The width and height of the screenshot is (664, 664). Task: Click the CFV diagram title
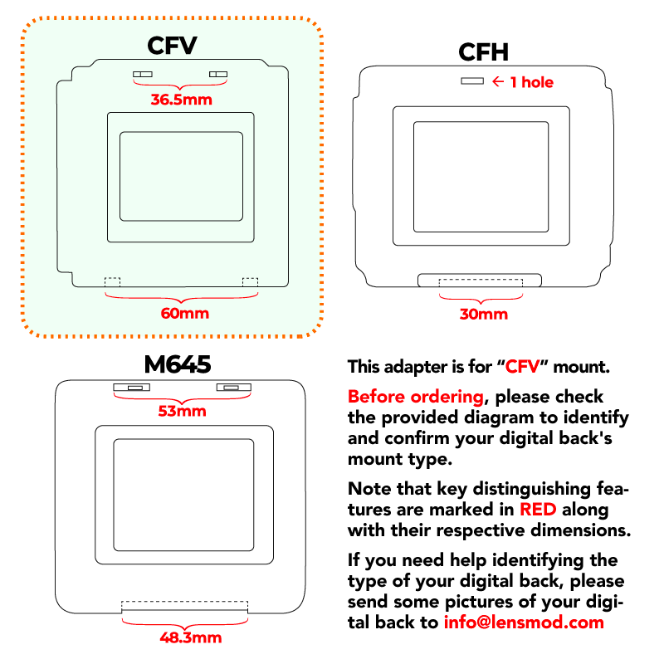point(172,46)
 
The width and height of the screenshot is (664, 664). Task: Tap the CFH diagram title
point(483,52)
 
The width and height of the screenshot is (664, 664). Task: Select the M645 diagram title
point(178,364)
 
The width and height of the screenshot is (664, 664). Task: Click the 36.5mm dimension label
point(181,100)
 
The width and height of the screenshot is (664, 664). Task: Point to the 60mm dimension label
point(184,314)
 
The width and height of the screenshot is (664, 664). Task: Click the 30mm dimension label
point(484,315)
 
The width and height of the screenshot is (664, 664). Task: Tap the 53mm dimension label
point(182,411)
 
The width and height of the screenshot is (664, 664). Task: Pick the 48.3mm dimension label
point(191,637)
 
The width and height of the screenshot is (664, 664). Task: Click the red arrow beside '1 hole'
point(498,81)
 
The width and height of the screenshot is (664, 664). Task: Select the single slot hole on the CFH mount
point(472,81)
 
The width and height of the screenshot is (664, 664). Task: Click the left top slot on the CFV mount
point(143,74)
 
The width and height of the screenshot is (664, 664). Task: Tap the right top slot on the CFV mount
point(218,74)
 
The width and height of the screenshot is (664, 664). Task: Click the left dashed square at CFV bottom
point(113,282)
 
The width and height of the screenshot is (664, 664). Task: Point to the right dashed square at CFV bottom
point(250,282)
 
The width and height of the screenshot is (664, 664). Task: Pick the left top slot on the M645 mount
point(132,388)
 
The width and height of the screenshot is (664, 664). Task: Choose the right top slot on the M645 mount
point(234,388)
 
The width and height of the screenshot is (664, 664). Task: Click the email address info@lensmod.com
point(524,622)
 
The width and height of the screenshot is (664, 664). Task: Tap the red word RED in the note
point(538,509)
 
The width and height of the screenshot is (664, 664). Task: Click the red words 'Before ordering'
point(416,397)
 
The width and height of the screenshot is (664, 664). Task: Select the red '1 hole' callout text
point(532,82)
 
